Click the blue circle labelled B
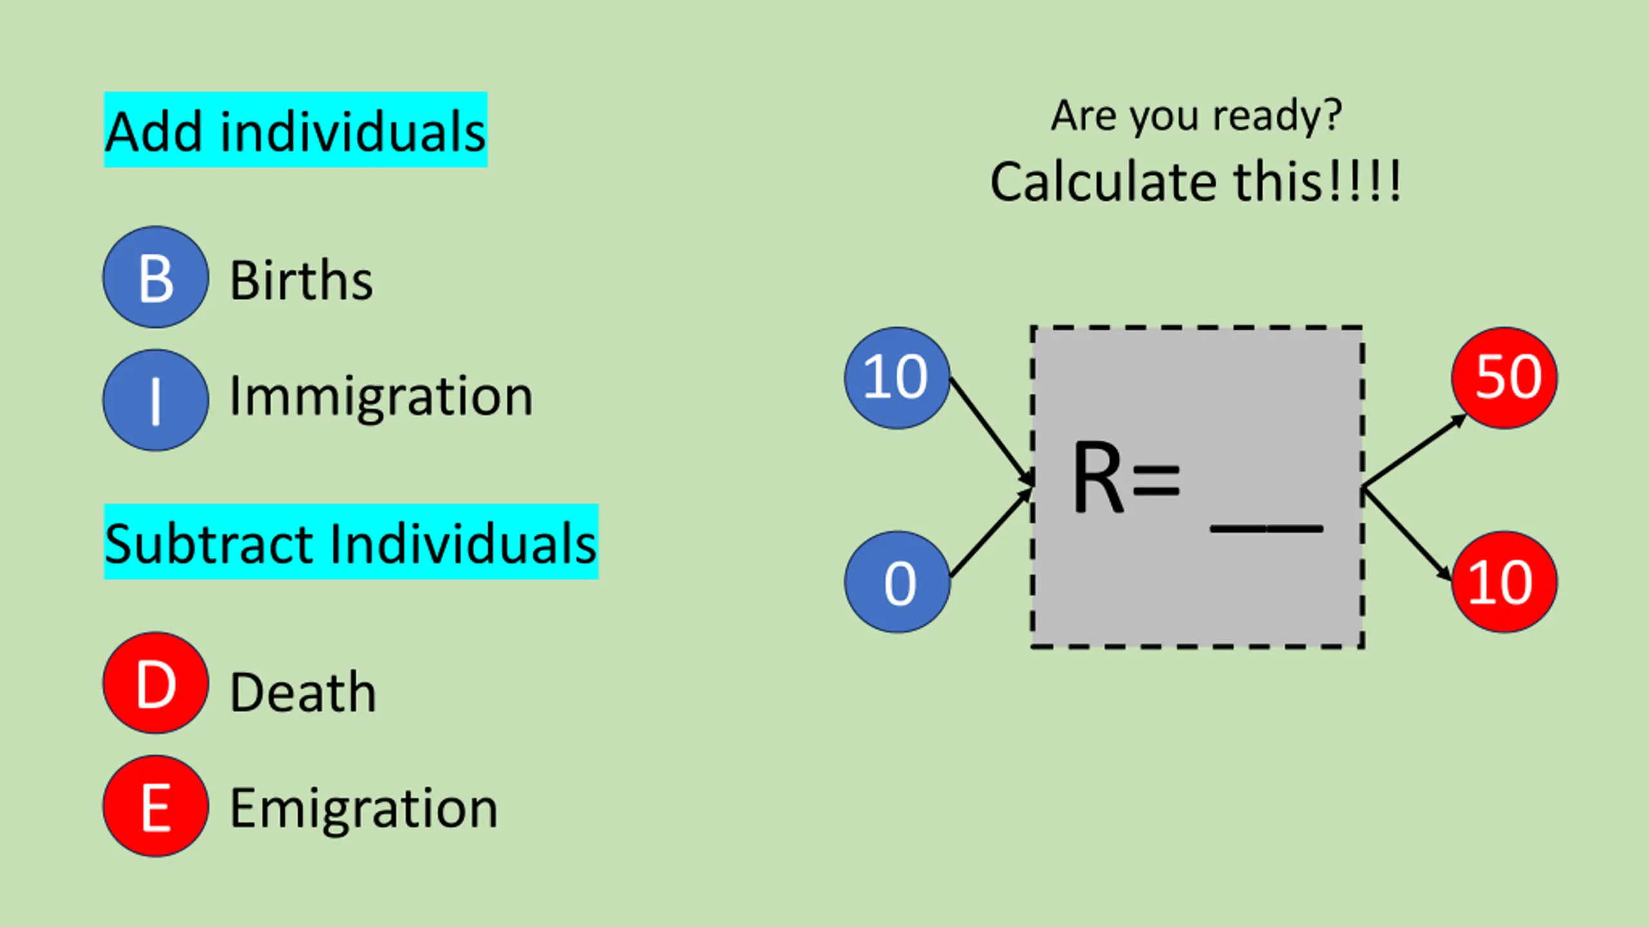tap(156, 277)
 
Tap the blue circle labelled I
tap(156, 400)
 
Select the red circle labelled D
tap(156, 683)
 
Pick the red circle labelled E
tap(156, 806)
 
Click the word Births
tap(301, 281)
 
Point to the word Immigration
tap(381, 397)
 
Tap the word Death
tap(303, 693)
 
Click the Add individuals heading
tap(296, 131)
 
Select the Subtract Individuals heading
tap(351, 543)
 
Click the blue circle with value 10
tap(897, 378)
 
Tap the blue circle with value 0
tap(897, 582)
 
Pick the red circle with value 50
tap(1505, 378)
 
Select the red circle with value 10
tap(1505, 582)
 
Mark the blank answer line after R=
tap(1266, 529)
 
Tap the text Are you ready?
tap(1196, 117)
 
